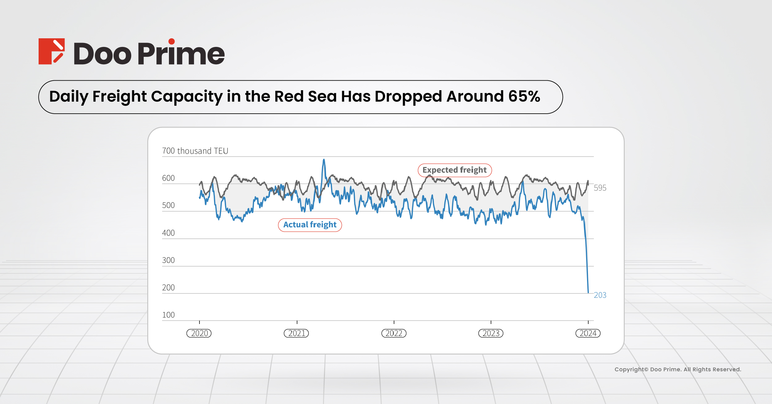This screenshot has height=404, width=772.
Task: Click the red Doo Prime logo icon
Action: [x=52, y=51]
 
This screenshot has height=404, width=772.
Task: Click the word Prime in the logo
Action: [x=181, y=53]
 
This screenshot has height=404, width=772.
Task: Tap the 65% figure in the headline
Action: [x=524, y=96]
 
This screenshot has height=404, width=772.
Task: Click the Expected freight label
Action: [x=454, y=170]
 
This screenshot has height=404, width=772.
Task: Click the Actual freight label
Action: [x=310, y=225]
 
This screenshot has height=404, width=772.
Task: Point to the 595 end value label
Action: [x=600, y=188]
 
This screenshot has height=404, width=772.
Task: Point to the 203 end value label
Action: [x=600, y=295]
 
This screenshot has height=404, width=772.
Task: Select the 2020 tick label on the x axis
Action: [x=199, y=333]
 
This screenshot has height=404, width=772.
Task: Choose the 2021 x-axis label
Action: [x=296, y=333]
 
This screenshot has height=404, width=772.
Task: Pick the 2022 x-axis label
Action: [x=394, y=333]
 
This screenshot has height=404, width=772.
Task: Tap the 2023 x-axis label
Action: [x=491, y=333]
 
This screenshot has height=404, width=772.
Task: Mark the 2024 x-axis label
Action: [x=588, y=333]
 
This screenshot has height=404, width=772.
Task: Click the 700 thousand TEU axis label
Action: [x=195, y=151]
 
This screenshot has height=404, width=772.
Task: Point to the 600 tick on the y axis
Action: [x=168, y=178]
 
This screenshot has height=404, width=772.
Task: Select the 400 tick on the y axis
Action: [x=168, y=233]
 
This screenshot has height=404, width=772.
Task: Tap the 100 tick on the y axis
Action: [x=168, y=315]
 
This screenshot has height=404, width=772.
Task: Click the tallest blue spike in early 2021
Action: [x=324, y=160]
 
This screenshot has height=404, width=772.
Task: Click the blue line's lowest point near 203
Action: [x=588, y=292]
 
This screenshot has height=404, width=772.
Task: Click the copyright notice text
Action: [x=678, y=369]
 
